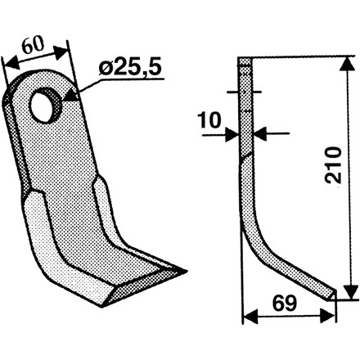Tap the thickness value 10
point(209,120)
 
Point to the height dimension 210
point(333,164)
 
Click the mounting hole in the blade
point(45,106)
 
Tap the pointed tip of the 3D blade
point(187,271)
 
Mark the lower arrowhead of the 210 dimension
point(350,291)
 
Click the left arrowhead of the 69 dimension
point(250,317)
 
